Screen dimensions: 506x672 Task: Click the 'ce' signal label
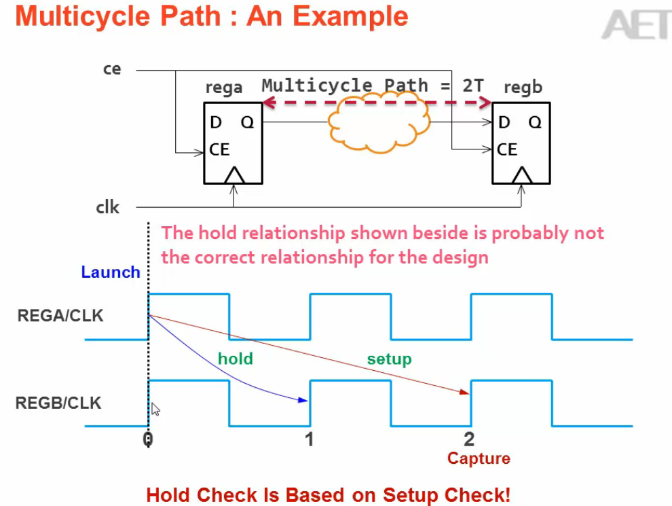112,69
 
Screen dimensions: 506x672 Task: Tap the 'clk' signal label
107,207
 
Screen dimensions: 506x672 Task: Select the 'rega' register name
223,89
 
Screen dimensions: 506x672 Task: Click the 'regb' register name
523,88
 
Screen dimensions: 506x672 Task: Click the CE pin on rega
219,149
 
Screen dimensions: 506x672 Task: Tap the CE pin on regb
507,149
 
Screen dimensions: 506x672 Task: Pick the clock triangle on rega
234,176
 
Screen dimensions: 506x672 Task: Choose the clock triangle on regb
521,176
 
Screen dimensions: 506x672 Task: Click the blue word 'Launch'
111,272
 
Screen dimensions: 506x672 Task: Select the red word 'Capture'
479,458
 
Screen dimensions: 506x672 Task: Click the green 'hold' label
235,359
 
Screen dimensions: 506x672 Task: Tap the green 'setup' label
389,359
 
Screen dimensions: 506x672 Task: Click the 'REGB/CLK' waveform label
58,403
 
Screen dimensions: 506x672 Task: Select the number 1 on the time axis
309,439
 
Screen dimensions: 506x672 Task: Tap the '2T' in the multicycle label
474,86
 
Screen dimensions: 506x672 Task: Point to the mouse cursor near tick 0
155,409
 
